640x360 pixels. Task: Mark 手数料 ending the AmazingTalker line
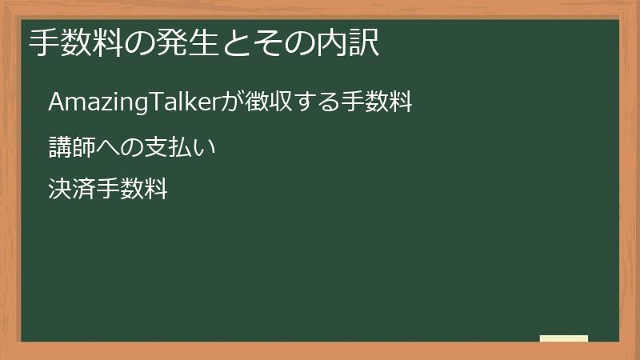point(382,102)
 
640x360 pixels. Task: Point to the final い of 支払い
point(207,148)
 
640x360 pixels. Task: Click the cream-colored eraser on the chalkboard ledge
point(564,338)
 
